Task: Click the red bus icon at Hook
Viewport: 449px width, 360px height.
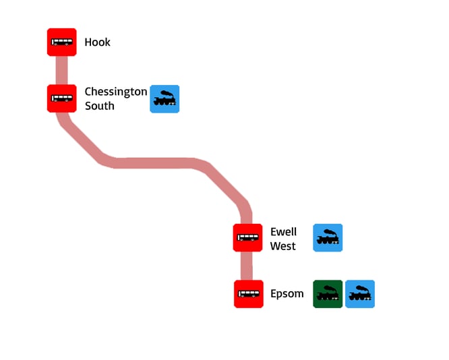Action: (x=61, y=42)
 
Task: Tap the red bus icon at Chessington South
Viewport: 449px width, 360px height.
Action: (x=61, y=98)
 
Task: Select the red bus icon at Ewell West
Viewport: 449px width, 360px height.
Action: (x=247, y=238)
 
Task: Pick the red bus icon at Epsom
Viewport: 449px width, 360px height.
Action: (x=248, y=294)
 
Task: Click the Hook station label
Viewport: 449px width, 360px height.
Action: (x=97, y=42)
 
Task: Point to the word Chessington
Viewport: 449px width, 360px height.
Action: (x=115, y=92)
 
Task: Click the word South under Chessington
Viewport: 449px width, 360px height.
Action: (x=99, y=106)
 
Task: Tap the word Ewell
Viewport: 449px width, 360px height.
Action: (x=283, y=232)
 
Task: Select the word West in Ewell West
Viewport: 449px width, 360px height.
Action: (x=282, y=246)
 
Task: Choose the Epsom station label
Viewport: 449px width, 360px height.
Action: (x=287, y=294)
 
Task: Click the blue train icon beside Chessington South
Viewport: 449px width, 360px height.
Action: (x=164, y=99)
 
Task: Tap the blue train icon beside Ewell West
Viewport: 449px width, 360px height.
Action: (x=328, y=238)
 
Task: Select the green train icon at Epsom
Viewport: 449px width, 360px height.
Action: (x=328, y=294)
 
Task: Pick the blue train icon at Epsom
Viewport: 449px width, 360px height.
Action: (x=360, y=294)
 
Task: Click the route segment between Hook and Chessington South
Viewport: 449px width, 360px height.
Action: (x=61, y=70)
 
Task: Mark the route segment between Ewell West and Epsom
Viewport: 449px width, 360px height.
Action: (x=247, y=266)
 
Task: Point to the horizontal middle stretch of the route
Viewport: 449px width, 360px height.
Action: (x=155, y=162)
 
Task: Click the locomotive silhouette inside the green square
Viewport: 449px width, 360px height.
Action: (x=328, y=294)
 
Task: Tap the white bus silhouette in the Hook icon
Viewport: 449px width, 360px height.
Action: (x=61, y=42)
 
